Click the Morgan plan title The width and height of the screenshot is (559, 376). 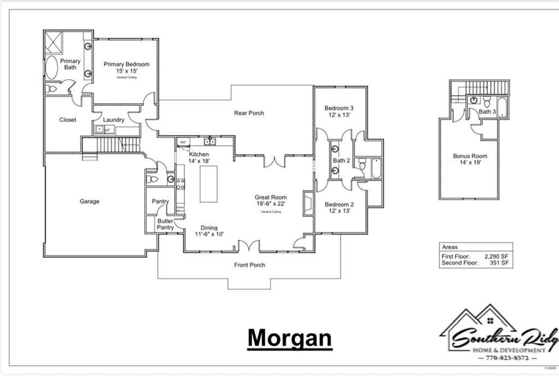(x=289, y=338)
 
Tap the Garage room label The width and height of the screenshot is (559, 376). (x=90, y=201)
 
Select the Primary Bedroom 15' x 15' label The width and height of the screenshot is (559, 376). (x=126, y=67)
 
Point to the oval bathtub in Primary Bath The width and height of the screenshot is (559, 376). (x=51, y=68)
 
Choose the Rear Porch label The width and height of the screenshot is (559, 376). (x=249, y=113)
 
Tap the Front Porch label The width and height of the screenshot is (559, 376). (x=249, y=265)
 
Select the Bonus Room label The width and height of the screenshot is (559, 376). (x=470, y=159)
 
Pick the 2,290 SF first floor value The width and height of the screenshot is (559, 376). (x=497, y=255)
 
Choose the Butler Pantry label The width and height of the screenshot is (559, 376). (x=165, y=224)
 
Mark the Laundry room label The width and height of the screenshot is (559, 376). (x=114, y=120)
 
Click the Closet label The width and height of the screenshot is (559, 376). (x=68, y=120)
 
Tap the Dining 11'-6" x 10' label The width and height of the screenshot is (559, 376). (x=209, y=231)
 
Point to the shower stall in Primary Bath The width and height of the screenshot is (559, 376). (x=53, y=42)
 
